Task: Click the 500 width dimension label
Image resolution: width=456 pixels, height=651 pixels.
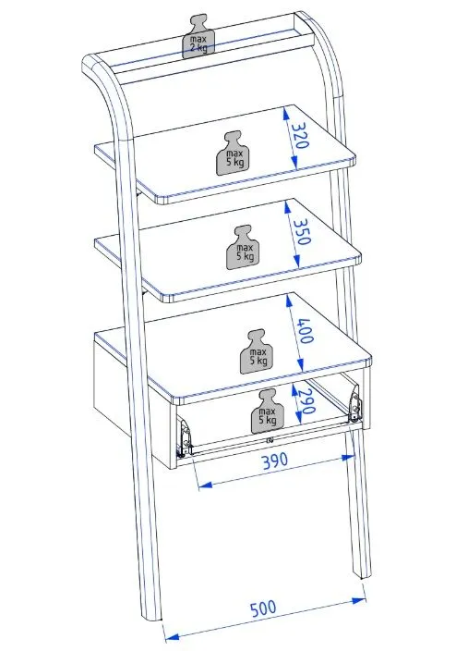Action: click(263, 608)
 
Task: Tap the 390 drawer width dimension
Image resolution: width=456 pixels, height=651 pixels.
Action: click(275, 461)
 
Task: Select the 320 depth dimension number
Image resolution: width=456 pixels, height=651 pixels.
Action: click(300, 135)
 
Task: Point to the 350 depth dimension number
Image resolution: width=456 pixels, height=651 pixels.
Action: click(302, 231)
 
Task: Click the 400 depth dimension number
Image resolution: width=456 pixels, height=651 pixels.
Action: click(305, 330)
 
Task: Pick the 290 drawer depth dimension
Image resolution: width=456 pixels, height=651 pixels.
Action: click(306, 402)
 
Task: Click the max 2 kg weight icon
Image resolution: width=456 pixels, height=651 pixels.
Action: click(199, 37)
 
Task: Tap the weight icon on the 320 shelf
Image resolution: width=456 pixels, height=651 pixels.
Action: click(231, 154)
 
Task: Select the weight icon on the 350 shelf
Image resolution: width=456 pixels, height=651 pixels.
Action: click(241, 247)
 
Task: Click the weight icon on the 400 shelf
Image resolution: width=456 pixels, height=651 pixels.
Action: click(255, 351)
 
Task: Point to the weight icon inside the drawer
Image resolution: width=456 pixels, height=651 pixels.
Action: click(268, 411)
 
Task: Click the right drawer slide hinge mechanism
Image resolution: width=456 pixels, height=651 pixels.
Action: click(354, 403)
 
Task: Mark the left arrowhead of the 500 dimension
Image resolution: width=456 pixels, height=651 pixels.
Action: click(171, 637)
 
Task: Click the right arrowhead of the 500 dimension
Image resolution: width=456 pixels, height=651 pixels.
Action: click(359, 599)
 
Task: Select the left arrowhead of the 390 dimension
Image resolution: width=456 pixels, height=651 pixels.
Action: click(205, 485)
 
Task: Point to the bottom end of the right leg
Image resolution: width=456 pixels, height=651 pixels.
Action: click(364, 576)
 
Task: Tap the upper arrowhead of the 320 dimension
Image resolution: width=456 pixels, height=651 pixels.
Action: click(285, 113)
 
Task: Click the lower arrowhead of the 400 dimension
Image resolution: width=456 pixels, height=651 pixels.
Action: click(301, 365)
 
